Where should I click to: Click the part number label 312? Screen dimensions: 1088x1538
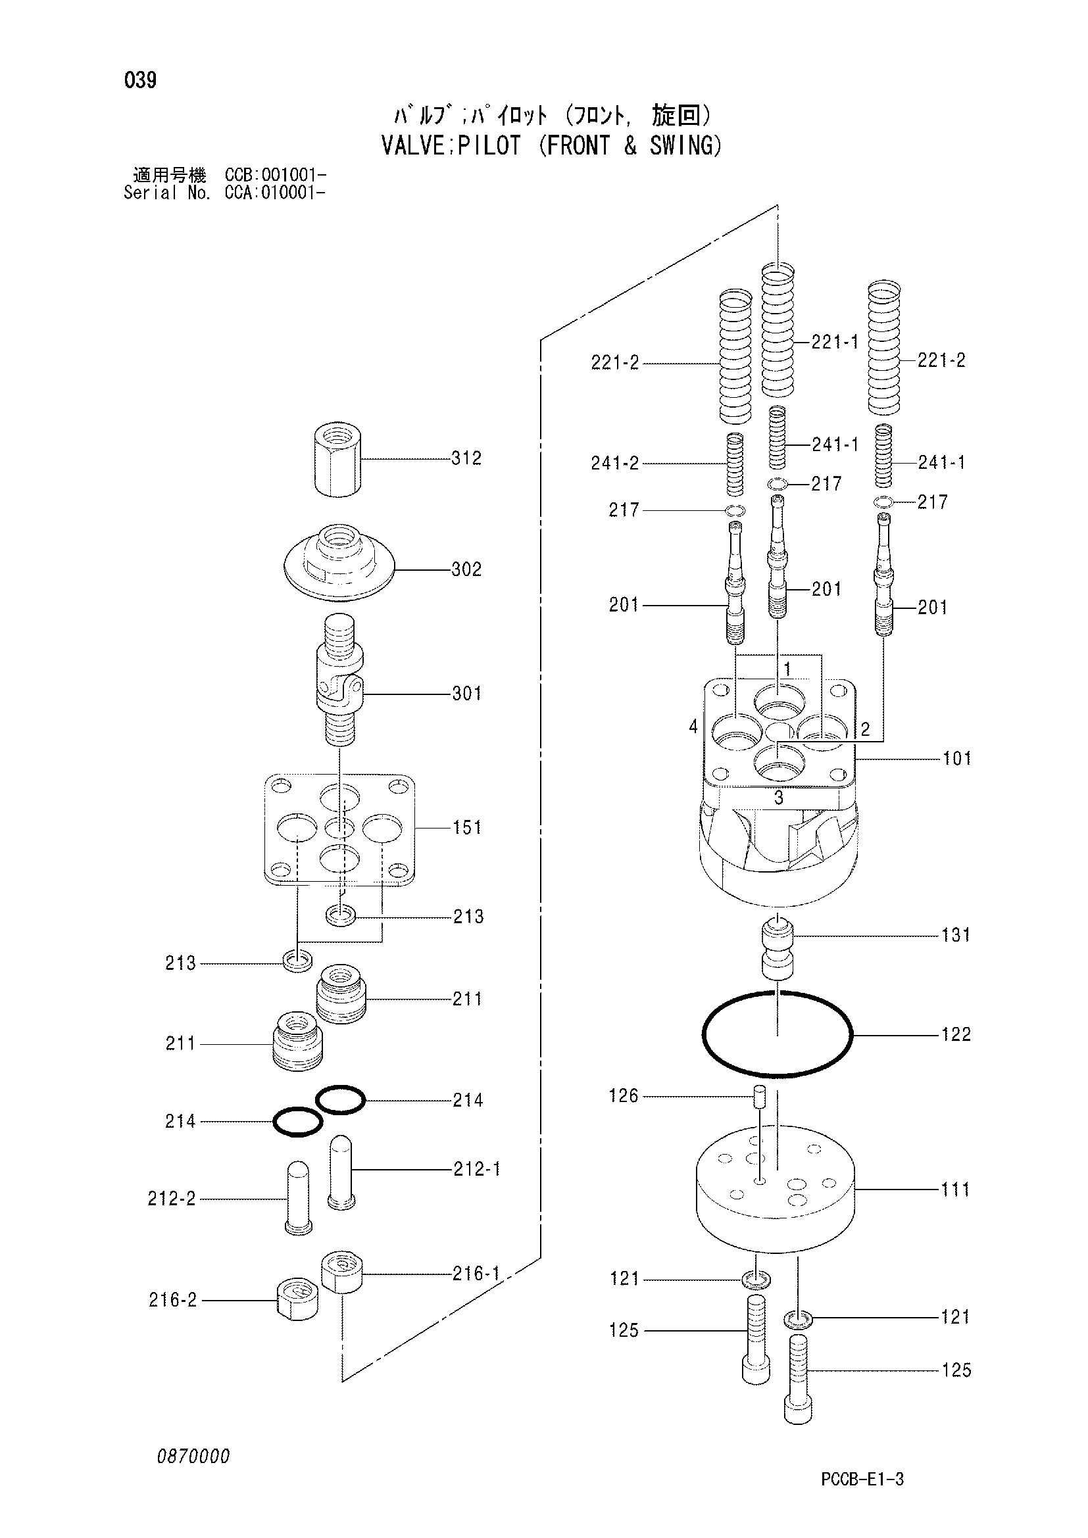click(x=466, y=459)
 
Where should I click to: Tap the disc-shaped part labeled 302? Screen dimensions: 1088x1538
click(x=338, y=564)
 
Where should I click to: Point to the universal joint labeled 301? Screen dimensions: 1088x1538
click(x=339, y=681)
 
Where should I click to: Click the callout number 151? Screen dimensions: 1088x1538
click(x=467, y=829)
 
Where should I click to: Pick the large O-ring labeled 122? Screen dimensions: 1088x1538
click(x=777, y=1035)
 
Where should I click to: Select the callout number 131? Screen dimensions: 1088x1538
click(x=955, y=935)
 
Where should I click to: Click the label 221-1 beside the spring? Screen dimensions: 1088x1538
click(x=835, y=343)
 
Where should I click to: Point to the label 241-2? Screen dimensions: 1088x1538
click(x=615, y=464)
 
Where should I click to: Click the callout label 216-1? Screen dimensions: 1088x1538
click(x=476, y=1274)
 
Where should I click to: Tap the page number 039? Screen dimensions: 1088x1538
click(x=141, y=81)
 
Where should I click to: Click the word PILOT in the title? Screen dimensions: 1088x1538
click(x=489, y=145)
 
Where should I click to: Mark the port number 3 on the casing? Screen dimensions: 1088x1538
click(x=778, y=798)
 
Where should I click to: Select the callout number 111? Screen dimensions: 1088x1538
click(x=955, y=1190)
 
